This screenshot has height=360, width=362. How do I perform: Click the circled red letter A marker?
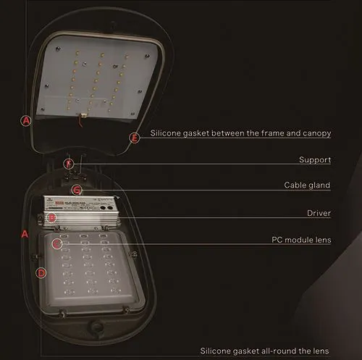[x=26, y=121]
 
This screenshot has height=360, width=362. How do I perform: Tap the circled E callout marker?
[x=133, y=137]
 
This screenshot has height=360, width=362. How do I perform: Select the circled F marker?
[x=68, y=164]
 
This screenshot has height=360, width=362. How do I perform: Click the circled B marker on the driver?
[x=51, y=217]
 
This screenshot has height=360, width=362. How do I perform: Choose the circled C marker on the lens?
[x=57, y=243]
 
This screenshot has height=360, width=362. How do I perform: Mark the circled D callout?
[x=41, y=272]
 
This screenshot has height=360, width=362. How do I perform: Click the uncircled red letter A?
[x=24, y=234]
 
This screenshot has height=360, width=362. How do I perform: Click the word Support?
[x=315, y=159]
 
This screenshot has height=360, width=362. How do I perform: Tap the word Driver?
[x=318, y=213]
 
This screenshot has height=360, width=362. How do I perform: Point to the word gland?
[x=319, y=185]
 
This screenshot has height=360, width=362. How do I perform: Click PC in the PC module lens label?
[x=268, y=239]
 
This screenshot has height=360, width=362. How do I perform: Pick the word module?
[x=292, y=239]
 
